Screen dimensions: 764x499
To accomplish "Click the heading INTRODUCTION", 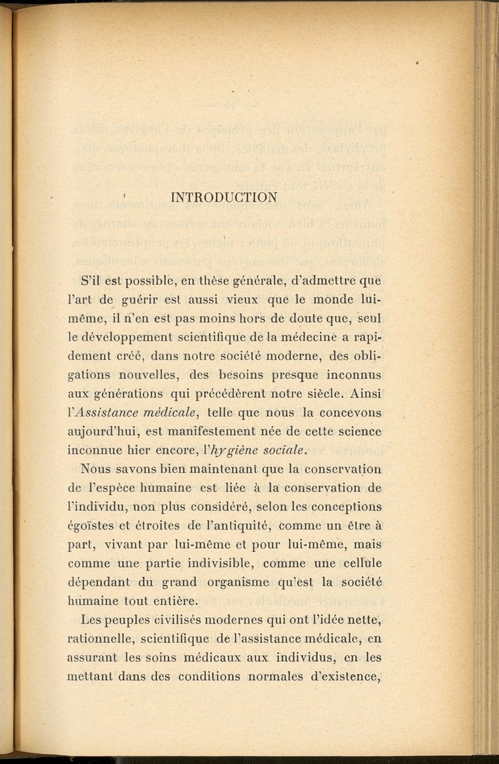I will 224,198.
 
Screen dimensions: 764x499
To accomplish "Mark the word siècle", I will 313,394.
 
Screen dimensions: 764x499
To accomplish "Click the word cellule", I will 363,563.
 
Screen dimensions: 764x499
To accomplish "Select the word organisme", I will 240,582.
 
